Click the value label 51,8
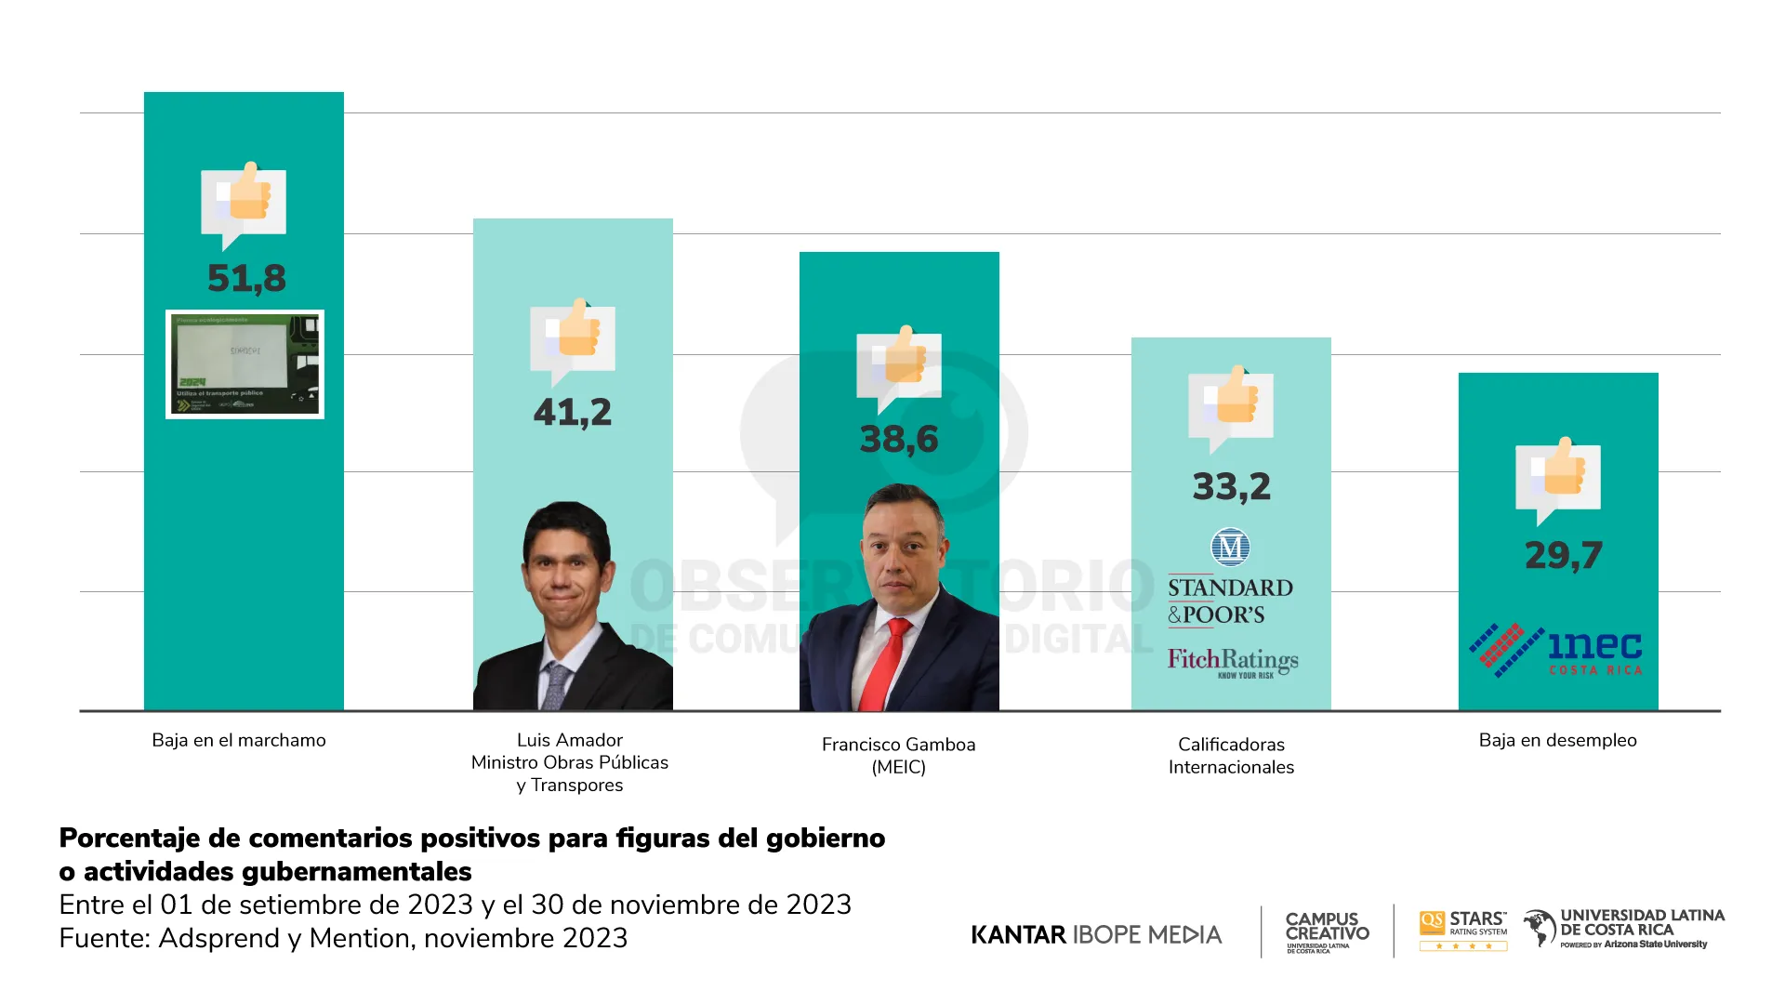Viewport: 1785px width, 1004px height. [x=246, y=278]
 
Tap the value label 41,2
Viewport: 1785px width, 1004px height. [x=573, y=412]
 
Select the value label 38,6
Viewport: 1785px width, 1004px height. [x=899, y=439]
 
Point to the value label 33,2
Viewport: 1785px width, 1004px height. [x=1231, y=486]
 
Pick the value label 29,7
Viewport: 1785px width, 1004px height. [x=1563, y=555]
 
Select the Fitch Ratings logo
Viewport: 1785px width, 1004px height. [x=1233, y=662]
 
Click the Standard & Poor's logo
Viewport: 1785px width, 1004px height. [x=1229, y=601]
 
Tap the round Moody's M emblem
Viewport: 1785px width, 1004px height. [x=1230, y=548]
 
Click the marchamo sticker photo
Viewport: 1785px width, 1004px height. [x=245, y=364]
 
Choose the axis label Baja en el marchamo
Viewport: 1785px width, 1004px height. [x=239, y=740]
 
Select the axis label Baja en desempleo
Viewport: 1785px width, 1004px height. [x=1557, y=740]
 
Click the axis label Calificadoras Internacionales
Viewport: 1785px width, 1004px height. [x=1231, y=756]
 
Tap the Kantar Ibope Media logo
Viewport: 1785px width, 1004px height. [x=1096, y=934]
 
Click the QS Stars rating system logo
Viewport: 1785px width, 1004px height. [x=1463, y=930]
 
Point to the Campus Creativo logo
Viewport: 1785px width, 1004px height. [x=1327, y=931]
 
